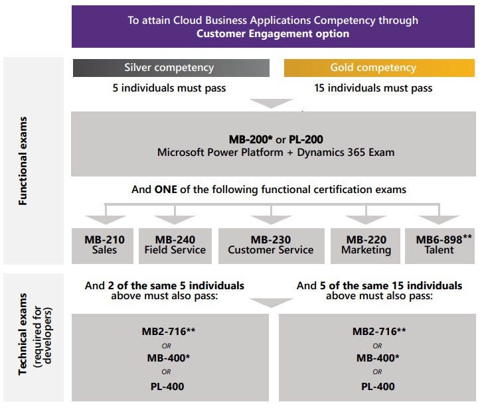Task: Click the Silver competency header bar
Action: coord(171,68)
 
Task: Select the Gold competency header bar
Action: coord(379,68)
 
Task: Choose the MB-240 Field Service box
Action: coord(175,245)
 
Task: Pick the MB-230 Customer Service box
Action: coord(271,245)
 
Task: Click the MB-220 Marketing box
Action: coord(366,245)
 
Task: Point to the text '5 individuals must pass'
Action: coord(169,88)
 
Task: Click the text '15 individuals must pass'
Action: coord(373,88)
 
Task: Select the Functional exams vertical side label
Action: coord(23,161)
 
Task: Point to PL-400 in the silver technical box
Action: coord(170,387)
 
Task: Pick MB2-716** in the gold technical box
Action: coord(380,330)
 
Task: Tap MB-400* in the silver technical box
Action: coord(170,358)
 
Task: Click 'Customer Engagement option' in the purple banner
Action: coord(273,33)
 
